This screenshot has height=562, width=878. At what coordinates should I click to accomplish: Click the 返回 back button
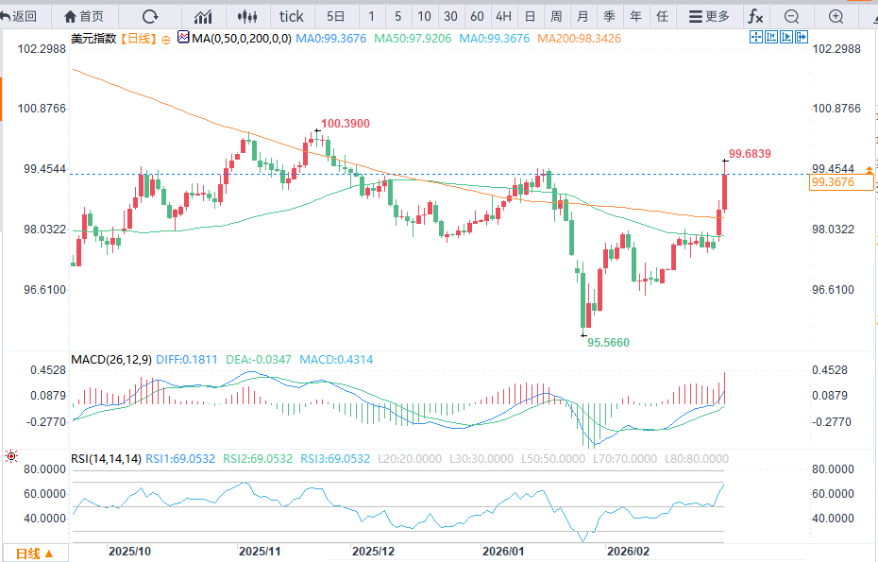click(20, 16)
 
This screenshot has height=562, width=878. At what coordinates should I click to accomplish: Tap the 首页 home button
click(83, 16)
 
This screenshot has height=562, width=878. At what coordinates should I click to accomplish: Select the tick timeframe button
click(292, 16)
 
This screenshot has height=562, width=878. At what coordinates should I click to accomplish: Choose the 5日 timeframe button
click(335, 16)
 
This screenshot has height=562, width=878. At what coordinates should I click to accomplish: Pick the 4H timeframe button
click(503, 16)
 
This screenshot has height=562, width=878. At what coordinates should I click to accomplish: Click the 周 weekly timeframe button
click(556, 16)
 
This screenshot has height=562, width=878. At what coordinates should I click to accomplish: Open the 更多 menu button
click(709, 16)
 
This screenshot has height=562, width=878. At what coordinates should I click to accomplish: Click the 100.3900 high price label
click(345, 124)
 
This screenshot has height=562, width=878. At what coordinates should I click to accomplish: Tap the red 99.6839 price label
click(751, 153)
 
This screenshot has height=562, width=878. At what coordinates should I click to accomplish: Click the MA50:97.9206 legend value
click(413, 38)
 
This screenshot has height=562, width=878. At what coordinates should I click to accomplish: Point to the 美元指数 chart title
click(93, 38)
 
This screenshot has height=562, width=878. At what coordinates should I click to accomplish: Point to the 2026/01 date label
click(503, 551)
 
